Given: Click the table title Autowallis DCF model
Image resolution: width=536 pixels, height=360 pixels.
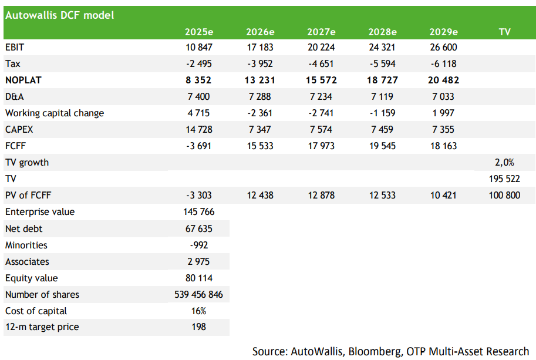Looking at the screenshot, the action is pos(59,15).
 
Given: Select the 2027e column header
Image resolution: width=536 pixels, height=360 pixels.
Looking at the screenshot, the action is pos(321,32).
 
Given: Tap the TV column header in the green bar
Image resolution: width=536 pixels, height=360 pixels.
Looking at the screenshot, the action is pos(504,32).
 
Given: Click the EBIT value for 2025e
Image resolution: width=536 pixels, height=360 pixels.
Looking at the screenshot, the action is pos(199,47).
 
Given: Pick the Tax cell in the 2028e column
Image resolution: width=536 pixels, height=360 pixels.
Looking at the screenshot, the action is pos(382,63).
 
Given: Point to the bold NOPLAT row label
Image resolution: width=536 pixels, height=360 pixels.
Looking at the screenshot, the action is pos(23,80).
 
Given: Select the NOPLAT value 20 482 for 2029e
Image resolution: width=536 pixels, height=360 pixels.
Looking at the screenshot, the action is pos(443,80).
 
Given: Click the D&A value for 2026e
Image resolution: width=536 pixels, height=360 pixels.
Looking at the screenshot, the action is pos(260,96).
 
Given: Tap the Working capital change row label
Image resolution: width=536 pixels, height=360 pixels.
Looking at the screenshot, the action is pos(55,113).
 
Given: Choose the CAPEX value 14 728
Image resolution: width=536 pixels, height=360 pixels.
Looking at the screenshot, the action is pos(199,130).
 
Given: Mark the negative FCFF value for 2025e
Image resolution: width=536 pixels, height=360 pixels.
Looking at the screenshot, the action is pos(199,146).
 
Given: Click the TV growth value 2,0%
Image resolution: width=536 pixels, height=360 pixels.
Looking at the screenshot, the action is pos(504,163).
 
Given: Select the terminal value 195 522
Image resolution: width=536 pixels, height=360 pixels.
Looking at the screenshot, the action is pos(504,179).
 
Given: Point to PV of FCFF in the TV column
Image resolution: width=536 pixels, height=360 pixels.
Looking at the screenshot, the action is pos(504,195).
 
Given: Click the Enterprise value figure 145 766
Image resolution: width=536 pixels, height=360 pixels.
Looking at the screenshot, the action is pos(199,211).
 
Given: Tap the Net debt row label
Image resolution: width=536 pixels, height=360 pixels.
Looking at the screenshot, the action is pos(23,228).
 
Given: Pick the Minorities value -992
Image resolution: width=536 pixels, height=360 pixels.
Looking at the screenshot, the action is pos(199,245).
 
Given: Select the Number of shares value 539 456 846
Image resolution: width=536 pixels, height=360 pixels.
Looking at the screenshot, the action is pos(198,294).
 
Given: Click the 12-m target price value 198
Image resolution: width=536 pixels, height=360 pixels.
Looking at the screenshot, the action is pos(199,327).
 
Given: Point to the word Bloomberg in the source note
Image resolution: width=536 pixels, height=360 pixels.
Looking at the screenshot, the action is pos(376,351).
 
